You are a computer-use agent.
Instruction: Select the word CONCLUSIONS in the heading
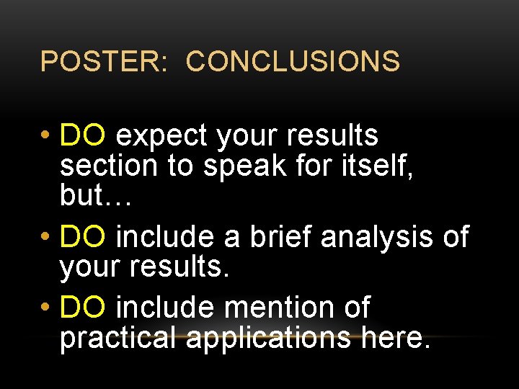pyautogui.click(x=293, y=61)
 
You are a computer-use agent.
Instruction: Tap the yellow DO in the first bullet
pyautogui.click(x=84, y=135)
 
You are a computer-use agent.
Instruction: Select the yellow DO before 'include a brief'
pyautogui.click(x=84, y=236)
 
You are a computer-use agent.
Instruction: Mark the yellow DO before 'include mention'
pyautogui.click(x=84, y=308)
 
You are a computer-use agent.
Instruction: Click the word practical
pyautogui.click(x=118, y=338)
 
